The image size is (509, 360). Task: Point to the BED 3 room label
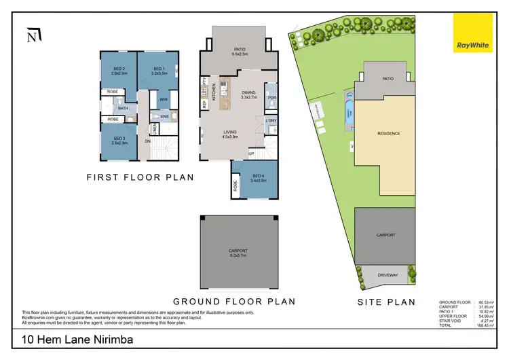[118, 144]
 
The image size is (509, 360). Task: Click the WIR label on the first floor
[164, 99]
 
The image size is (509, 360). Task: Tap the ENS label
[164, 117]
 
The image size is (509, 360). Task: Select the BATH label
[123, 108]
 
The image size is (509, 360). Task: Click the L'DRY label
[271, 121]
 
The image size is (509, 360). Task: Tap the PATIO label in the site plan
[388, 79]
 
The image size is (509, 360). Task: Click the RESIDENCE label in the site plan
[389, 134]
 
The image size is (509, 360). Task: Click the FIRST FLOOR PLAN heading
[140, 177]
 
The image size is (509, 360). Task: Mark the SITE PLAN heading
[387, 301]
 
